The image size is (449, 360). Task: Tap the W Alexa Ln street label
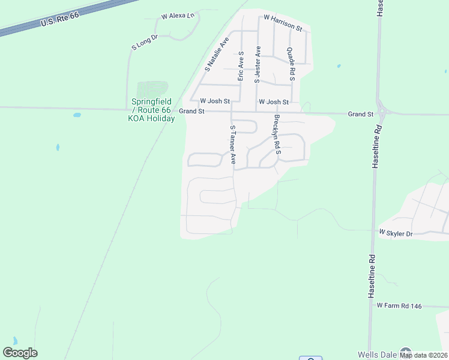(x=179, y=16)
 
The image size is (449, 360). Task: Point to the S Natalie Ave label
(x=217, y=55)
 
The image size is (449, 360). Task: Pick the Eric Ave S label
(x=240, y=66)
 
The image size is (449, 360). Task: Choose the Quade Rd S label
(x=291, y=64)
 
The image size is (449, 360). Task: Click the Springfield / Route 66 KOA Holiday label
(x=151, y=110)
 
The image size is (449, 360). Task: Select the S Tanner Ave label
(x=233, y=145)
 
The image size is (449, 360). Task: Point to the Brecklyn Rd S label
(x=277, y=134)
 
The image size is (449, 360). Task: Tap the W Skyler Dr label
(x=396, y=232)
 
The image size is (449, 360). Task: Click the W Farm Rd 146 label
(x=399, y=306)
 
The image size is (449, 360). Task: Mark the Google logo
(x=20, y=353)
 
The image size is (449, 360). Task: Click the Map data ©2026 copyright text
(x=424, y=355)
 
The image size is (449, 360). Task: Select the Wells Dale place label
(x=377, y=355)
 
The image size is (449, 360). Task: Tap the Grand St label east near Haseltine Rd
(x=361, y=114)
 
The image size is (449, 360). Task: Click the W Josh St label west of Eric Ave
(x=215, y=101)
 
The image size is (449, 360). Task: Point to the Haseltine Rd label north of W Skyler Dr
(x=376, y=147)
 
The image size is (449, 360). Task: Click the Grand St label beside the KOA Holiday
(x=192, y=112)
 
